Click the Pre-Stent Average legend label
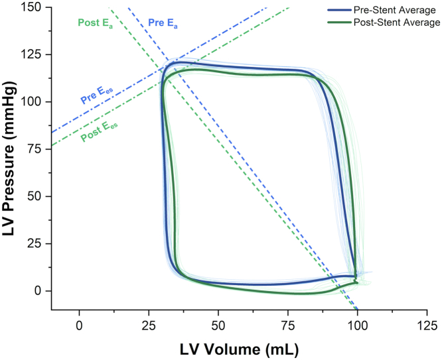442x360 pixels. [x=396, y=11]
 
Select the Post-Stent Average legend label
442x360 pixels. [x=398, y=23]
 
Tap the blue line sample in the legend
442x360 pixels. [x=339, y=11]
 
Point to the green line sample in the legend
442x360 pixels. [x=339, y=23]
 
